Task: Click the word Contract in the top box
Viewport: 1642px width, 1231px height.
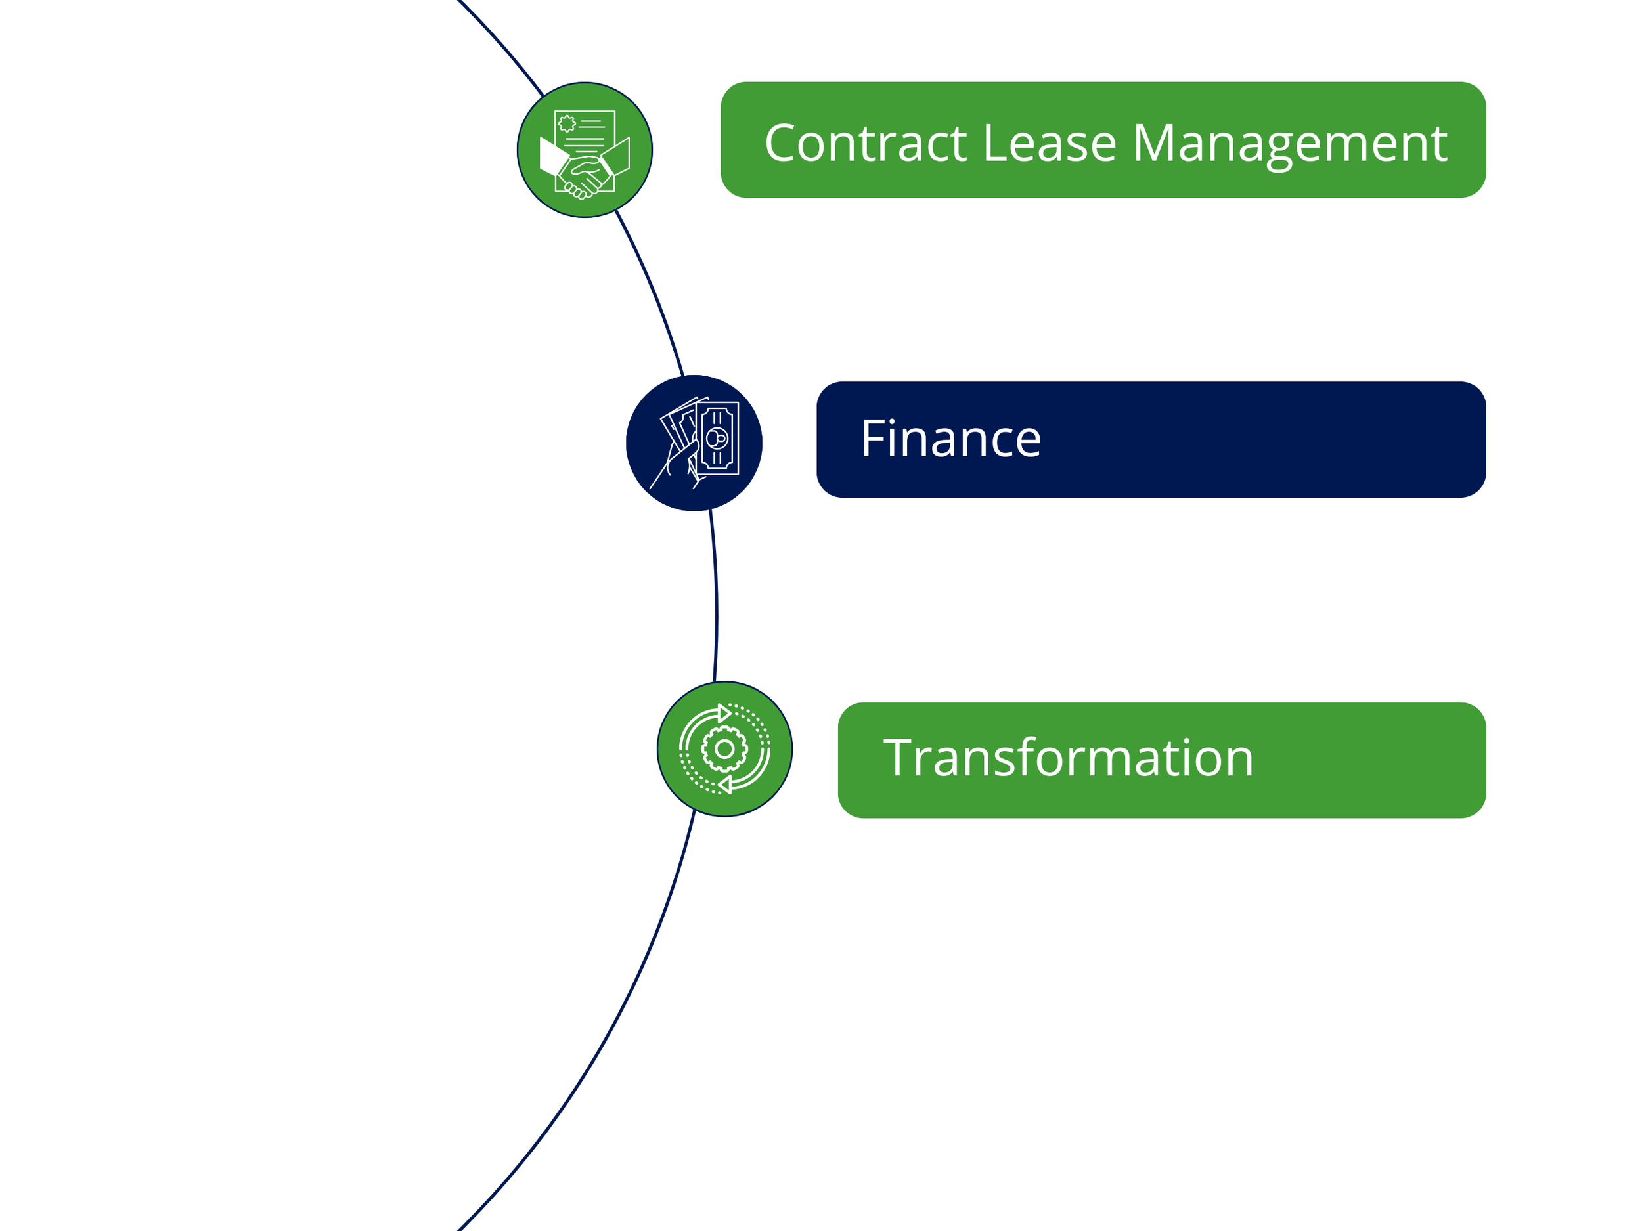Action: coord(866,142)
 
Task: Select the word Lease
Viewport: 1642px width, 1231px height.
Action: coord(1049,142)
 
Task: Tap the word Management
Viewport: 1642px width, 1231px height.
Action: coord(1289,144)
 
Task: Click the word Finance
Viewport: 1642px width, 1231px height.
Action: coord(951,439)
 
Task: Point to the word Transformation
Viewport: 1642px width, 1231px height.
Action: coord(1068,758)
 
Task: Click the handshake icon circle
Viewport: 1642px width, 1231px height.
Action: coord(585,150)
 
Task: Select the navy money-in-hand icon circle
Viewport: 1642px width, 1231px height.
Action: coord(694,443)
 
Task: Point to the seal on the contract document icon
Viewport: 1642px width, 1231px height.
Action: coord(567,123)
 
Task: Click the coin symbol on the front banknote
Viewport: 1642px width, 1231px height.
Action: coord(717,438)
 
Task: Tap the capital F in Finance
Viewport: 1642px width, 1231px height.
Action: coord(873,439)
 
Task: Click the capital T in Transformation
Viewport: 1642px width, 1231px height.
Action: coord(900,758)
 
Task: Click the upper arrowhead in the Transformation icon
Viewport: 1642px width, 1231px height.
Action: coord(724,713)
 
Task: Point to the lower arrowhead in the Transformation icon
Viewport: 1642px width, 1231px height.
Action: coord(725,785)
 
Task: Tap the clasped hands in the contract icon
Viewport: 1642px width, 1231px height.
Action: coord(585,176)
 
